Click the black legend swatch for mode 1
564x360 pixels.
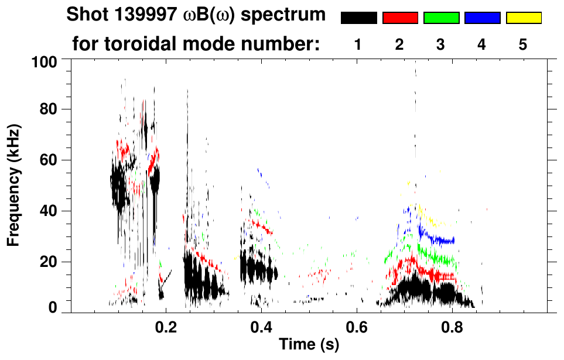[x=358, y=18]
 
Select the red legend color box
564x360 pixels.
[x=400, y=18]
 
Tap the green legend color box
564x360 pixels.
[x=441, y=18]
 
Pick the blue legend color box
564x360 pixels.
[x=482, y=18]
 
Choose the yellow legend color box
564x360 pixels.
[x=523, y=18]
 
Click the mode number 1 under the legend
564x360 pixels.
[x=358, y=44]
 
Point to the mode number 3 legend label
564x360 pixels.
[x=441, y=44]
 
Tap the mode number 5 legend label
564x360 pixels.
[x=523, y=44]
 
